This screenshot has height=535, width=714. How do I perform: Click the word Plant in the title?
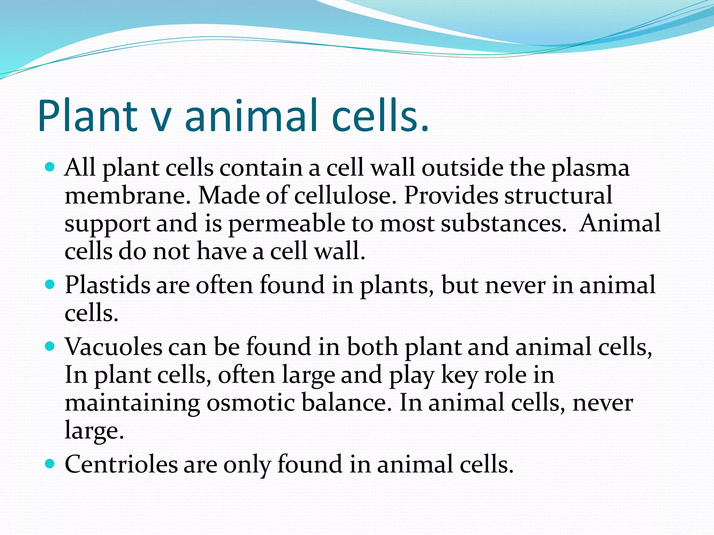click(x=88, y=116)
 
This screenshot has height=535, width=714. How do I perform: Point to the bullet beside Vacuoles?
click(x=50, y=347)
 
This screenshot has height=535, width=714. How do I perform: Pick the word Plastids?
click(x=107, y=285)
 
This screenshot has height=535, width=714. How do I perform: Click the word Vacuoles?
click(x=114, y=347)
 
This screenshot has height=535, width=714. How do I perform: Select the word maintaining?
click(x=132, y=403)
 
